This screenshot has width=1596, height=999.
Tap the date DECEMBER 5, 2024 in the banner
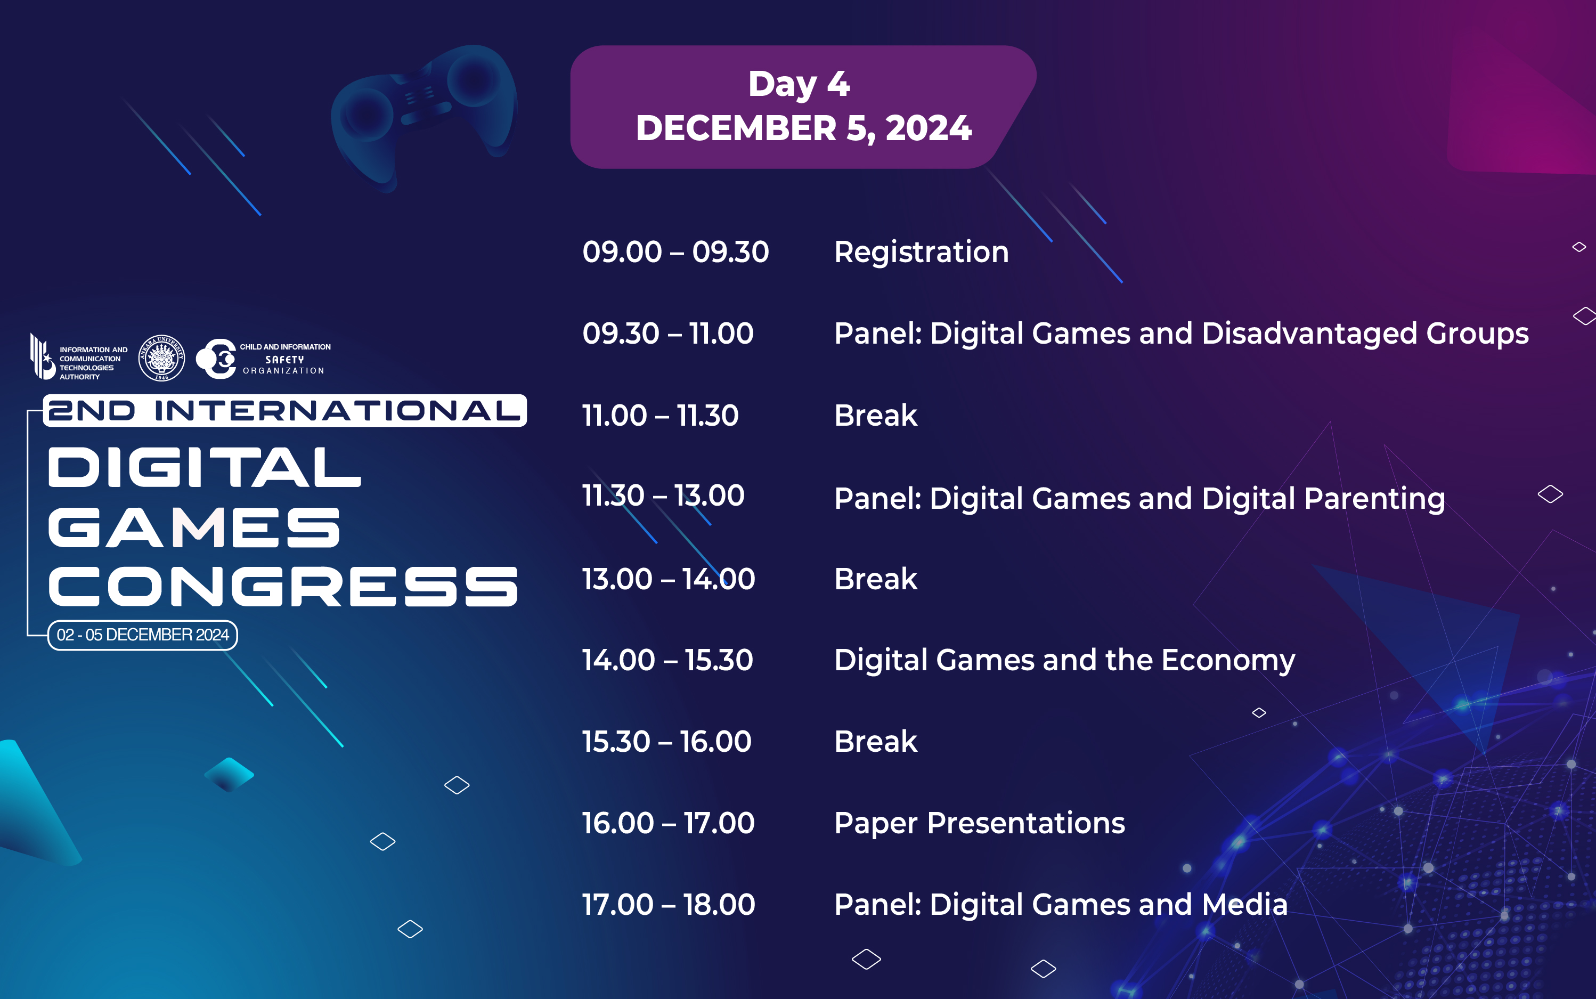point(803,127)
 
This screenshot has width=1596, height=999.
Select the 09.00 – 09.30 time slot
point(675,251)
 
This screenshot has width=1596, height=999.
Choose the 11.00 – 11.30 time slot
point(660,416)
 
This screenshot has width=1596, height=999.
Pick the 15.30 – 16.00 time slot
point(666,741)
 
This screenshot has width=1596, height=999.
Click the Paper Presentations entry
point(979,823)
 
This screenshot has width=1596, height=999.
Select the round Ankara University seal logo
point(161,358)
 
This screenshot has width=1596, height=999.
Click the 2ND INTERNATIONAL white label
point(284,410)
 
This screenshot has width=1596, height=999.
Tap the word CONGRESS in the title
point(283,586)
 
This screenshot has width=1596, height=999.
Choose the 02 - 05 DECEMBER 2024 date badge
point(143,635)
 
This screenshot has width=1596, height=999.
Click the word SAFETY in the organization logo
point(284,360)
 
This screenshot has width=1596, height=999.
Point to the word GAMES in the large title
point(194,527)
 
